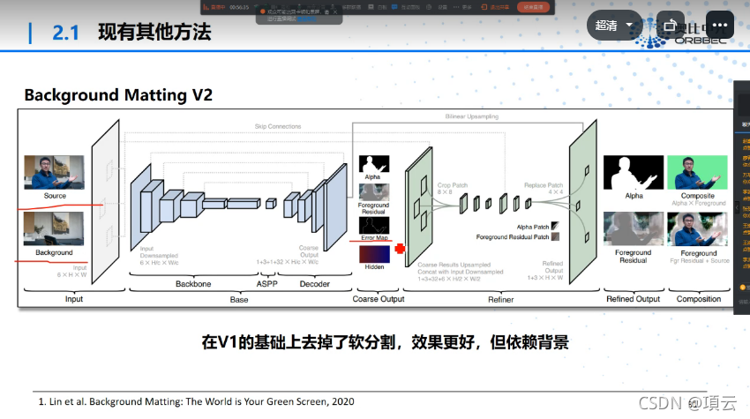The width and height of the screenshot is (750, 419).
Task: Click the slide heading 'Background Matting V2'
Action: (118, 94)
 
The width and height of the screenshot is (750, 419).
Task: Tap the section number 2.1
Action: (66, 33)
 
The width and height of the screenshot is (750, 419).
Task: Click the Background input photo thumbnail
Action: (54, 228)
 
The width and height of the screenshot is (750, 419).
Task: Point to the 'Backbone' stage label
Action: (192, 283)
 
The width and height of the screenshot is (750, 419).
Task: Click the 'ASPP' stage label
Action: (267, 283)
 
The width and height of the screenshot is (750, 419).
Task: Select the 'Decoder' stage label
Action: (314, 283)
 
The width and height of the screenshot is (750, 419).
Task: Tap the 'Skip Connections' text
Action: (277, 126)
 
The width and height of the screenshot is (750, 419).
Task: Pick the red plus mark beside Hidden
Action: (400, 249)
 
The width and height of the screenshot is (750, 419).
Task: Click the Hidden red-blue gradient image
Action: (374, 253)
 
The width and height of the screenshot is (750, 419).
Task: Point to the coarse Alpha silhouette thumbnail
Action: (374, 164)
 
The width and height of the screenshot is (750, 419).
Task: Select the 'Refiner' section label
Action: (500, 299)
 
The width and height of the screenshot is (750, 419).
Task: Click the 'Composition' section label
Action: (698, 299)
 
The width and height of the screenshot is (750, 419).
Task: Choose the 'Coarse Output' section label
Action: (379, 299)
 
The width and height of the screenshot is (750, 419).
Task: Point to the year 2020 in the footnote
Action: (341, 401)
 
